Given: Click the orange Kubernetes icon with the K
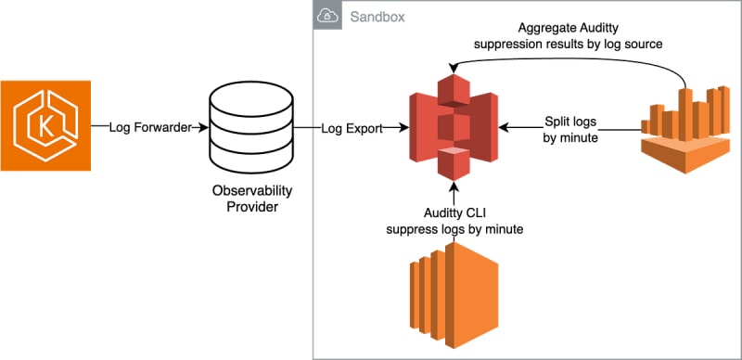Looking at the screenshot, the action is point(45,125).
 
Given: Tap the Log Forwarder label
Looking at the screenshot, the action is point(150,127).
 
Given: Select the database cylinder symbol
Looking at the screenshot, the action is point(251,127).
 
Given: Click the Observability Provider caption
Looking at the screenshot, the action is point(251,199).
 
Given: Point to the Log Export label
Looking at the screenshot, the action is point(352,128).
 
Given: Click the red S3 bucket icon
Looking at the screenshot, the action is point(454,127).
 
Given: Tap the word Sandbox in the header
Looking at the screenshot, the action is point(377,17).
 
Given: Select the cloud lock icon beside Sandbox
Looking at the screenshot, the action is point(327,16).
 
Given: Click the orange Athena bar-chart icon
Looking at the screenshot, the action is point(685,129).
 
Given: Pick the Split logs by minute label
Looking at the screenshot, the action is point(570,129).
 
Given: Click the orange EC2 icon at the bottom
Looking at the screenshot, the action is point(454,295).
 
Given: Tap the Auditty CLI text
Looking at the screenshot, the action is point(454,215).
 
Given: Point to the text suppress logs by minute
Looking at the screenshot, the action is point(454,230).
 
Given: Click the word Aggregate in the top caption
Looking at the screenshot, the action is point(542,29).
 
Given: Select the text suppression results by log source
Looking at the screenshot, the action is point(568,44).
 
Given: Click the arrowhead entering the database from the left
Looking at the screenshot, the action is point(204,127).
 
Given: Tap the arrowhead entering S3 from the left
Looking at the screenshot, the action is point(404,127).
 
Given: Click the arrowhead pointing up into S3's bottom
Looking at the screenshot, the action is point(454,186).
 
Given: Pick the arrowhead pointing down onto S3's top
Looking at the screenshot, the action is point(454,69).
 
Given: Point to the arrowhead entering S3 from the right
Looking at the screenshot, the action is point(504,127).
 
